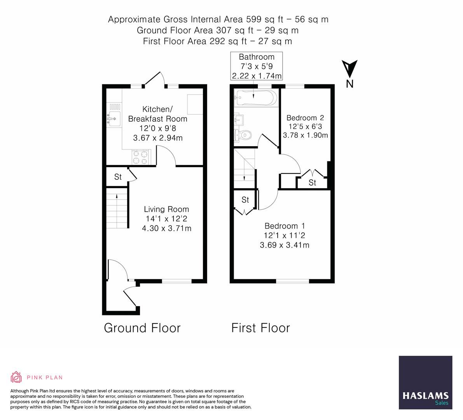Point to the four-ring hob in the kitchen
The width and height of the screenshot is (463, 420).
tap(140, 157)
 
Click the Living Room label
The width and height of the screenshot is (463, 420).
tap(166, 209)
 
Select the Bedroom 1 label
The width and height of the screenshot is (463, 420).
tap(285, 226)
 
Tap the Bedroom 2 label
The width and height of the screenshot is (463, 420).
tap(305, 118)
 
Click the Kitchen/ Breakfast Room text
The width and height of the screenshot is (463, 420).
tap(157, 114)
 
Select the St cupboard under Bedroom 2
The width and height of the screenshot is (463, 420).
tap(312, 182)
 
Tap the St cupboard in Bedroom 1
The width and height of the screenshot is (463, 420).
tap(245, 200)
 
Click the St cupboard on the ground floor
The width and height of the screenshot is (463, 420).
tap(118, 177)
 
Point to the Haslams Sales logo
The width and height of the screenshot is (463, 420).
tap(425, 383)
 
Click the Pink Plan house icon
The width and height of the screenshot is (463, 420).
tap(16, 377)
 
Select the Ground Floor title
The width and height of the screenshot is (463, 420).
tap(142, 328)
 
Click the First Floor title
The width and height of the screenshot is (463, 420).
tap(260, 328)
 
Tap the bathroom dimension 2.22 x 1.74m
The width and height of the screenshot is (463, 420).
tap(257, 76)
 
